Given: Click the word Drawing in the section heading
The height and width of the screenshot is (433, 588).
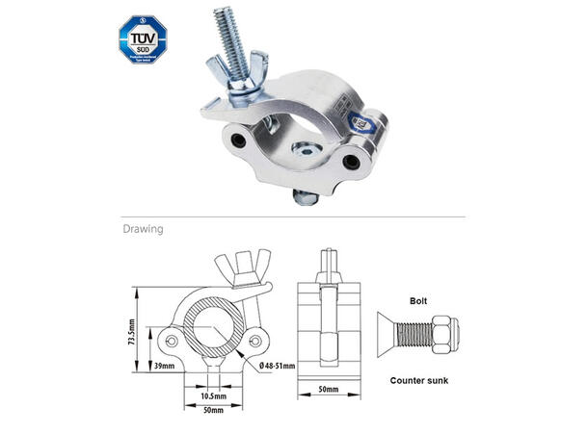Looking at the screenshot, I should pos(142,230).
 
